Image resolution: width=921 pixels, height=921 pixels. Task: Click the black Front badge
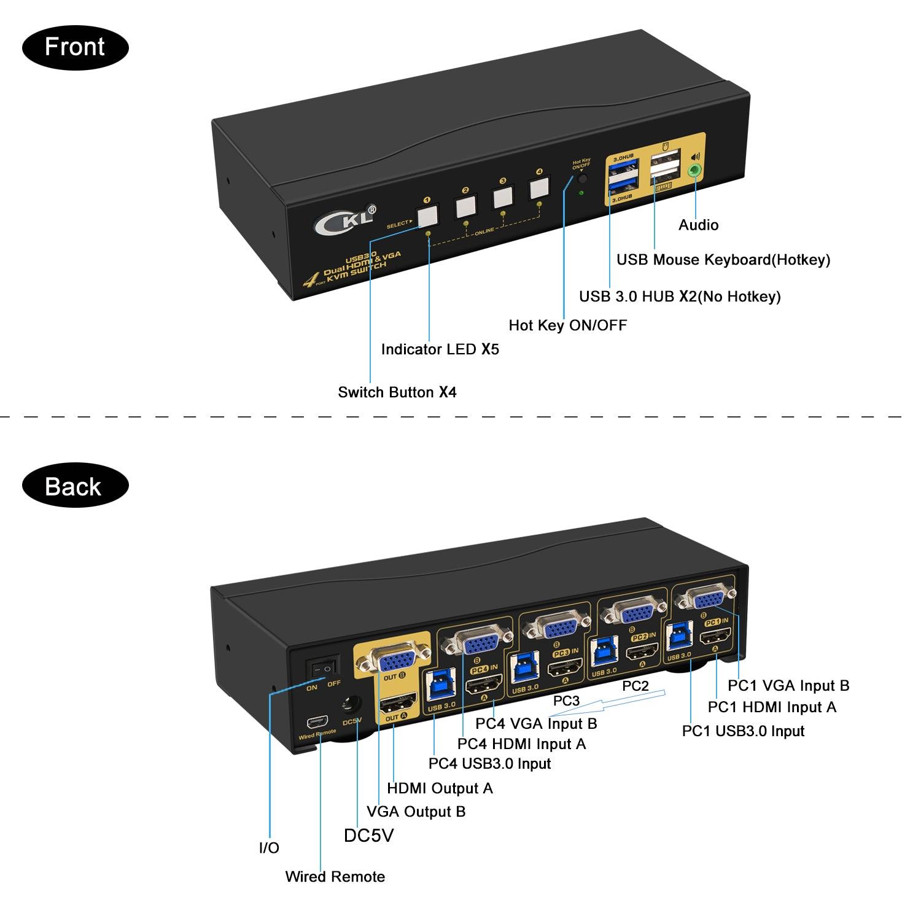75,47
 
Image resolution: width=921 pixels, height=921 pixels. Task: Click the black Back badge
75,486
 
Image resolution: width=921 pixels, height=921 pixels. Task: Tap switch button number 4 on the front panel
538,188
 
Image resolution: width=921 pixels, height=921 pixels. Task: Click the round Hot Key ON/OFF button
581,180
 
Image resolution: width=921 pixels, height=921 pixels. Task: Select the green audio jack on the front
694,171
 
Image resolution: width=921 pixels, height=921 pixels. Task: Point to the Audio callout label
698,225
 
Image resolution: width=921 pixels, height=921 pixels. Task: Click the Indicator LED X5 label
440,349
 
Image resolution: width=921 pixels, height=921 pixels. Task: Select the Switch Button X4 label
397,392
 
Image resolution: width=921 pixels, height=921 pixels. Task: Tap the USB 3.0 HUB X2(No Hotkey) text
680,297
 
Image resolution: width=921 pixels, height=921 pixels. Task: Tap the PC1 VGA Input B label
788,685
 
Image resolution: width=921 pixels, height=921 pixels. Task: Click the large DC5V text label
368,835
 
